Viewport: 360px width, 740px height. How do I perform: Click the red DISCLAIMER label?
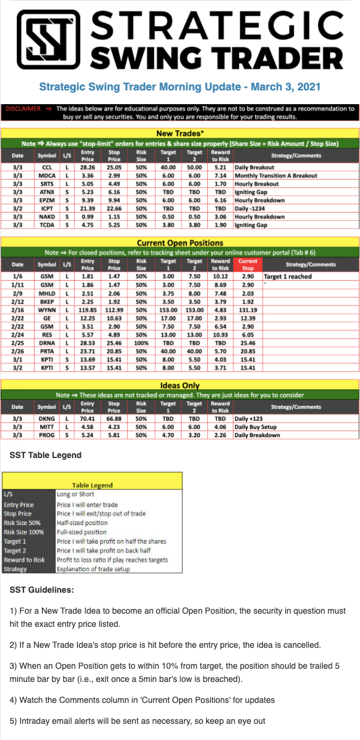(x=23, y=109)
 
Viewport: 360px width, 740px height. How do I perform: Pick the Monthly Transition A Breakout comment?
(x=275, y=176)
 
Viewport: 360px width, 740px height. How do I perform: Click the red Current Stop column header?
(x=247, y=264)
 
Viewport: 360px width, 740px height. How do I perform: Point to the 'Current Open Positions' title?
(x=180, y=243)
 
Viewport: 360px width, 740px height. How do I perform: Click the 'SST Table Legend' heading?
(x=46, y=455)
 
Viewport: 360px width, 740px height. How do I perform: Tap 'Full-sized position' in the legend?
(x=83, y=532)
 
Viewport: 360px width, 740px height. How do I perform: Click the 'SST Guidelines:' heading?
(x=42, y=590)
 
